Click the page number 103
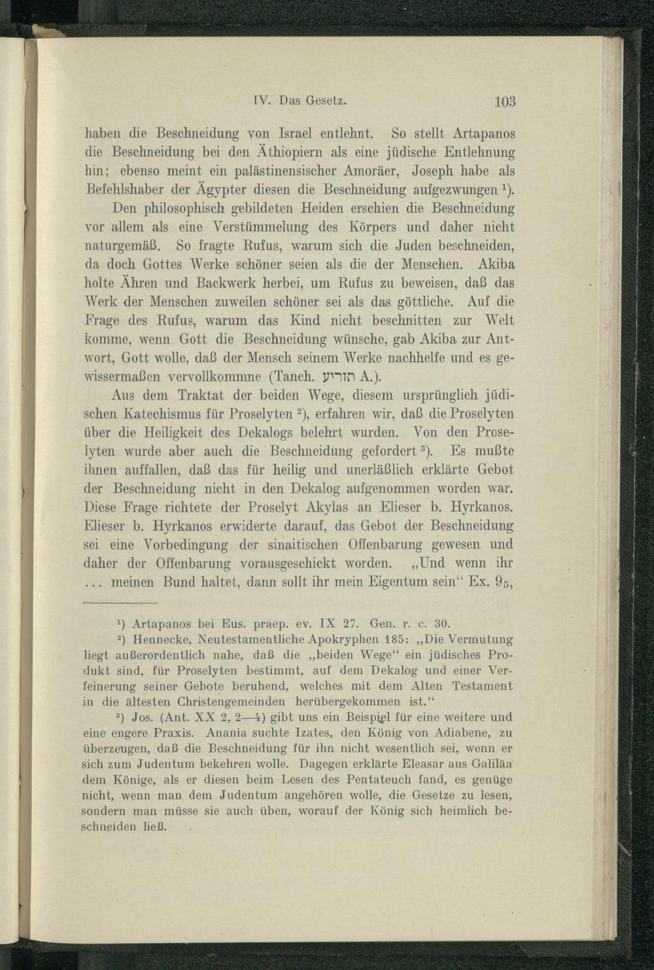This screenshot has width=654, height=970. click(505, 101)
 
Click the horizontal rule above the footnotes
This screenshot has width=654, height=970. click(121, 602)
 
